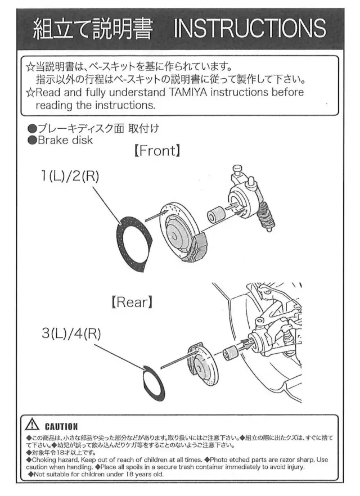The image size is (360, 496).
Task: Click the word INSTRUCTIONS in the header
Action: [x=250, y=28]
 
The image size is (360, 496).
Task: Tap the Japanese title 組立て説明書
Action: [x=92, y=28]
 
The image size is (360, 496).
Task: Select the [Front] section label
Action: [x=157, y=151]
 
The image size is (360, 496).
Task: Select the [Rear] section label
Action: [x=132, y=302]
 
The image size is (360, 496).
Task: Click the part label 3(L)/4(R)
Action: [x=71, y=333]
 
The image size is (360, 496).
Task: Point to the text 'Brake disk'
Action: [x=65, y=141]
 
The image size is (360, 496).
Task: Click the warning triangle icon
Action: [x=33, y=426]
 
